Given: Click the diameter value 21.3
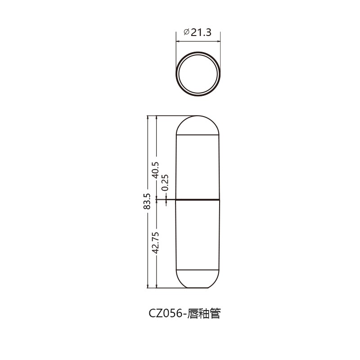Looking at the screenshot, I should click(201, 32).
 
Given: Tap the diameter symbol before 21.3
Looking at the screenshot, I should click(186, 32).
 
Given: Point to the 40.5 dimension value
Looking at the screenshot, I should click(156, 170).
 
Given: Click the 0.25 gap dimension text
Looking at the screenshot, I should click(165, 182).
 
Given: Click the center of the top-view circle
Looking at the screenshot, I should click(198, 74).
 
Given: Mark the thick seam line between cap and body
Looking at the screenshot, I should click(198, 199).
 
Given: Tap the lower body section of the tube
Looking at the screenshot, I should click(198, 234).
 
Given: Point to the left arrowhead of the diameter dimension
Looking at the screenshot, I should click(177, 41).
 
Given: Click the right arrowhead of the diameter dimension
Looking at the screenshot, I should click(219, 41).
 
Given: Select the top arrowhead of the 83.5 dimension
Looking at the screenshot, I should click(147, 117).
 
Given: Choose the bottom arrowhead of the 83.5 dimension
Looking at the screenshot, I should click(147, 286).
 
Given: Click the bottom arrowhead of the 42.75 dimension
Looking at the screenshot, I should click(156, 286).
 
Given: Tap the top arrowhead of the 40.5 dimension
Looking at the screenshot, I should click(156, 117).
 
